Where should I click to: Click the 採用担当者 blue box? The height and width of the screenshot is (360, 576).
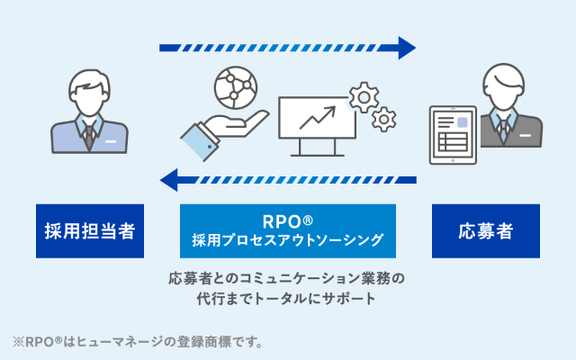(90, 231)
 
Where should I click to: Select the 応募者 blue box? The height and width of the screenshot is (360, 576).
(486, 231)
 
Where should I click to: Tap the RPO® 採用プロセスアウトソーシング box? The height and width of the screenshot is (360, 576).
(288, 231)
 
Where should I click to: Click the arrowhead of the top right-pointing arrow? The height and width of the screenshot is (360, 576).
(407, 48)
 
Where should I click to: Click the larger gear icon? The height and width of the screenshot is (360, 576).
(364, 96)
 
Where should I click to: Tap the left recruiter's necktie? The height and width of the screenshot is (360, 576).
(89, 134)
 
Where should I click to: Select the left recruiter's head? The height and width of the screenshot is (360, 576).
(89, 85)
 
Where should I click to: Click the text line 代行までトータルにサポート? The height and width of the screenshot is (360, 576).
(287, 298)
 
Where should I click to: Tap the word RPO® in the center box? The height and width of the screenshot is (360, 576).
(288, 220)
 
